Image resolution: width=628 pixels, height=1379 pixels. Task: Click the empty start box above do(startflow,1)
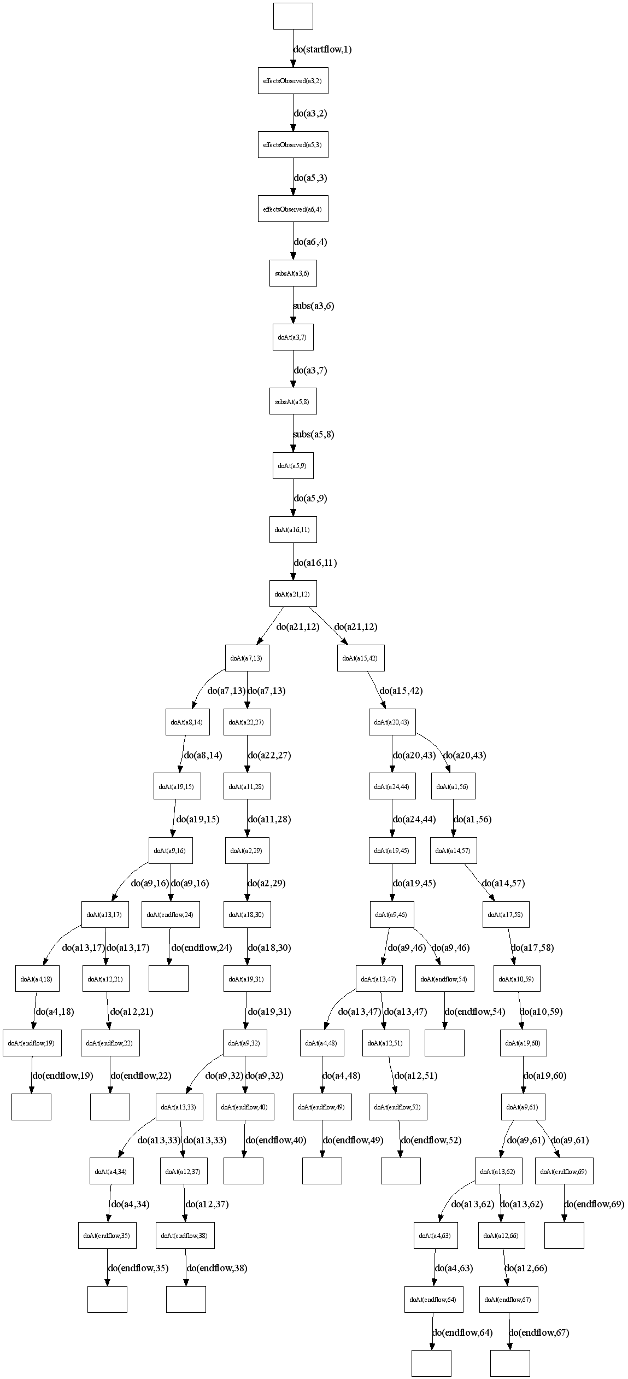click(293, 16)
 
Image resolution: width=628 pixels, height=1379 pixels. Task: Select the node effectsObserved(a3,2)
click(293, 80)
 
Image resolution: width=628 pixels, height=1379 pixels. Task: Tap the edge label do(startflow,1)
click(322, 49)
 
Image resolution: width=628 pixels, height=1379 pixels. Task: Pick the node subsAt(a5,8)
click(293, 402)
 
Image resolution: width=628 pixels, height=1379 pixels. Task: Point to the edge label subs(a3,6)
click(314, 306)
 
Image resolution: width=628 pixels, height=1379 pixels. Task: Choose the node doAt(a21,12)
click(293, 594)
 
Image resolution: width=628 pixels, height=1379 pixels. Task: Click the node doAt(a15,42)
click(360, 658)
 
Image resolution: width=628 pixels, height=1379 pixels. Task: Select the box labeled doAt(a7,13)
click(246, 658)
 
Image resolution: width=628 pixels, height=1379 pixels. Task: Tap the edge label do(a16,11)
click(315, 563)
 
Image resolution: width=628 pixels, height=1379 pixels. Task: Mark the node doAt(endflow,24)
click(171, 914)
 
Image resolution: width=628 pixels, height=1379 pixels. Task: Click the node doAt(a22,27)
click(246, 722)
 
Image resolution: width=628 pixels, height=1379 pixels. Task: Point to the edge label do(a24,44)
click(414, 819)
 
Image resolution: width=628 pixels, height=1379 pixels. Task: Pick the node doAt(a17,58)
click(506, 914)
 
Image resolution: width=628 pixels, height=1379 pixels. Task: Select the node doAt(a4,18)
click(37, 979)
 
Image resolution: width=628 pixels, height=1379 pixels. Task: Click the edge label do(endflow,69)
click(594, 1203)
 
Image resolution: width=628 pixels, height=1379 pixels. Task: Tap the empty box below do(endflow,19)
click(31, 1107)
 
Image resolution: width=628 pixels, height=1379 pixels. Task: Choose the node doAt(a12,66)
click(501, 1235)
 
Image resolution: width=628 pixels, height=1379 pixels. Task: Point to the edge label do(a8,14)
click(203, 755)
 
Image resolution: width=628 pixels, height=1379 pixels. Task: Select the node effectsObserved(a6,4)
click(293, 209)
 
